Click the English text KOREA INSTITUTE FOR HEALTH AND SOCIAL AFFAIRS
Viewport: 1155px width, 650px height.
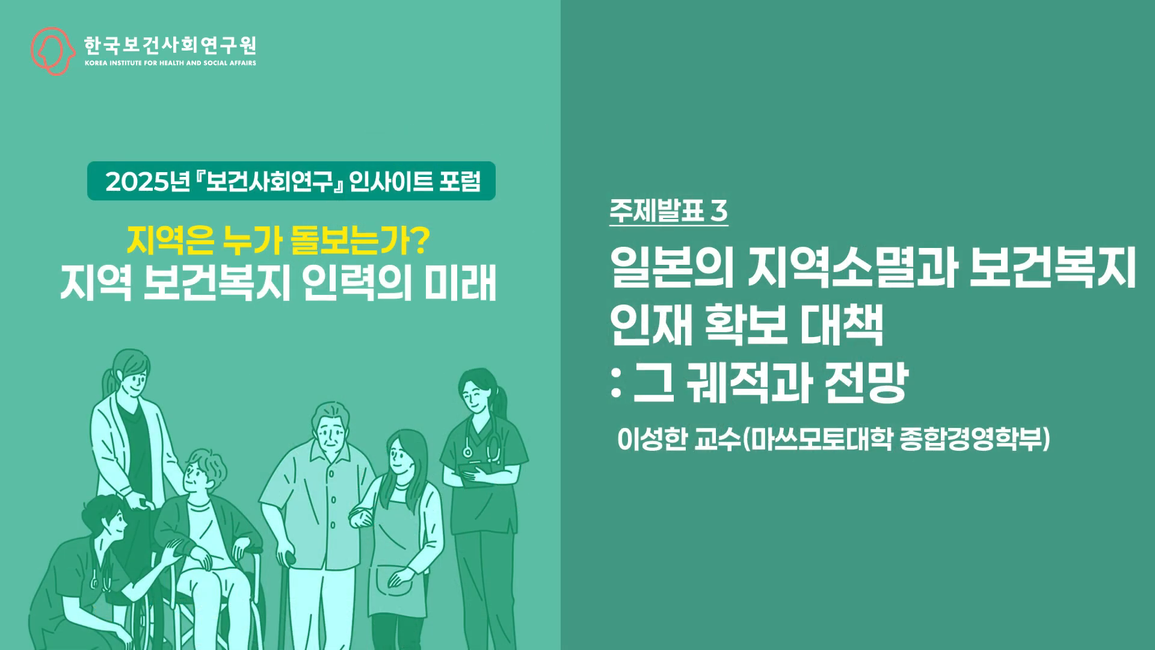[x=170, y=63]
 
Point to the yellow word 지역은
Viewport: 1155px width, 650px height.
[x=170, y=241]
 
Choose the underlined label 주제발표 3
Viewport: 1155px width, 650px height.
[x=668, y=211]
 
